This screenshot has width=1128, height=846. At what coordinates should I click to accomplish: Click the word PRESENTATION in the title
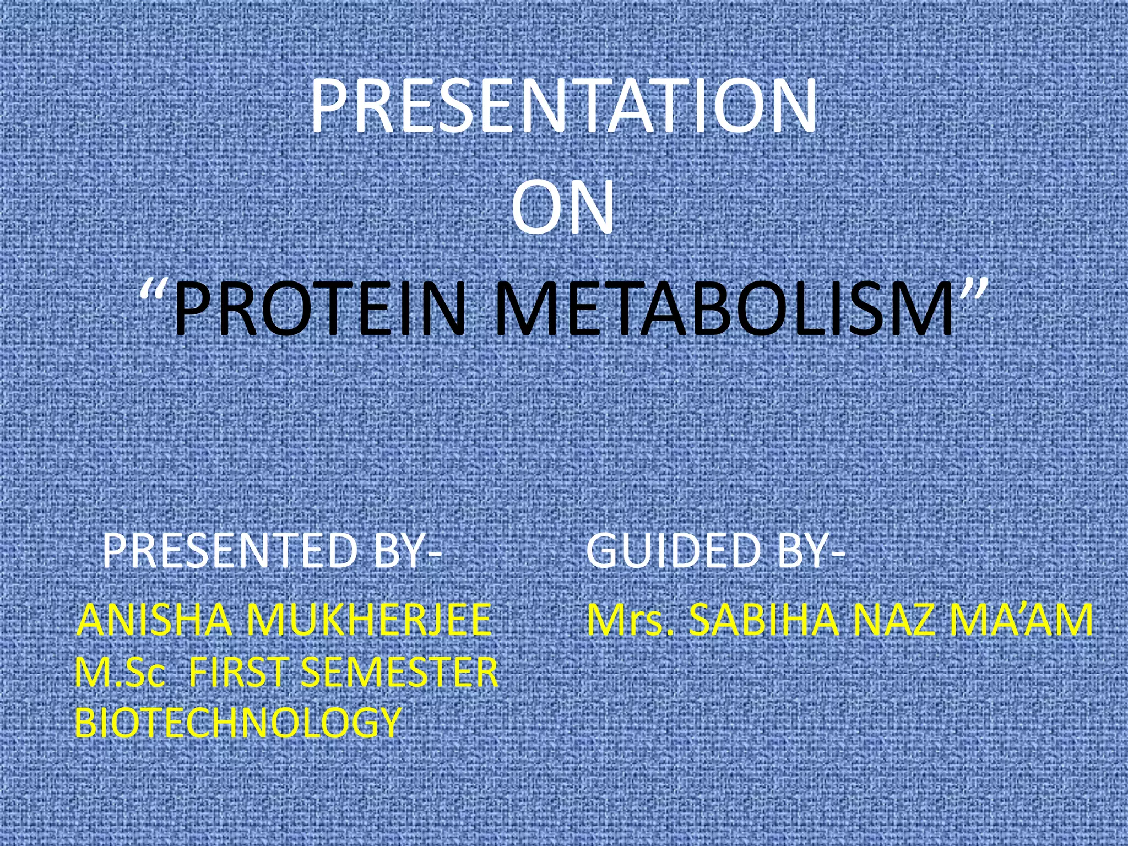(x=563, y=106)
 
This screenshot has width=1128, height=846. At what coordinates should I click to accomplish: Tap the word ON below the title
(x=562, y=207)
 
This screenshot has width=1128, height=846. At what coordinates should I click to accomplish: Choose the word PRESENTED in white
(x=230, y=551)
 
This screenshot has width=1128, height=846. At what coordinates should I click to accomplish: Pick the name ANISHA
(x=155, y=620)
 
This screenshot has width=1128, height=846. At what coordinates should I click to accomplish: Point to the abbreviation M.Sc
(x=120, y=672)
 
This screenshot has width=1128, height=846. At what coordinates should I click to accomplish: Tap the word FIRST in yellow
(x=238, y=672)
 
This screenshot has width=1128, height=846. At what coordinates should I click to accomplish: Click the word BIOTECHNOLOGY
(x=237, y=722)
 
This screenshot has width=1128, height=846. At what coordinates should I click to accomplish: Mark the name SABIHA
(x=764, y=620)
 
